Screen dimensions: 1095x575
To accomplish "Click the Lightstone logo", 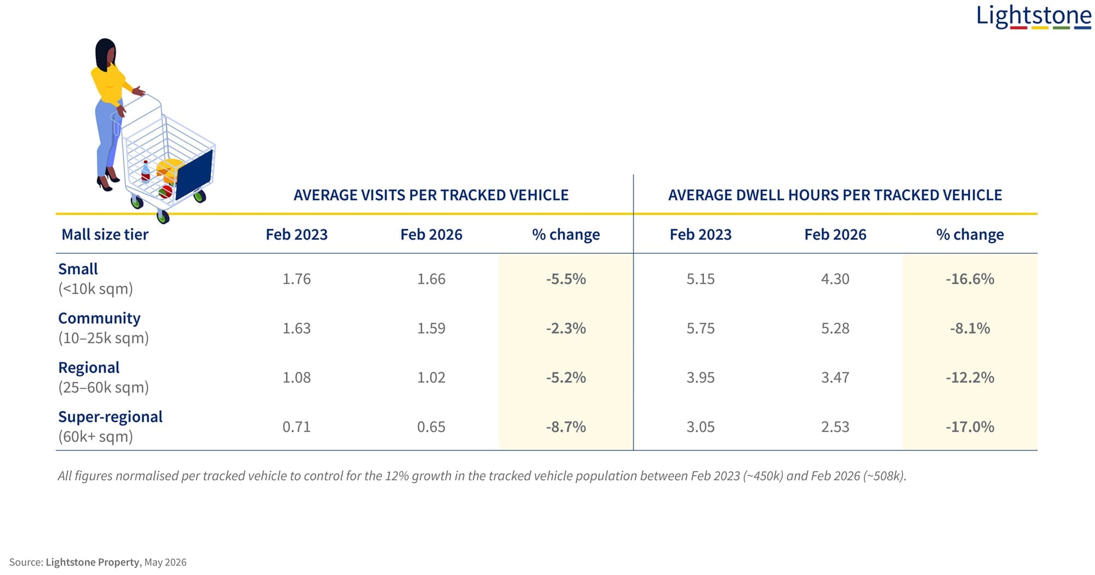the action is tap(1034, 16).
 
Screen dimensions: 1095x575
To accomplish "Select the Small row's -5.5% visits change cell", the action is tap(566, 279).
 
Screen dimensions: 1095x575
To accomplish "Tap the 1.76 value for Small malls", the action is tap(296, 279).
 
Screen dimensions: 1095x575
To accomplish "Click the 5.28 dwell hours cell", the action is tap(835, 328).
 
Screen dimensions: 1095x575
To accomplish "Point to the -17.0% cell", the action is tap(970, 427).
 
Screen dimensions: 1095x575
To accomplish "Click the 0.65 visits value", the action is tap(431, 427).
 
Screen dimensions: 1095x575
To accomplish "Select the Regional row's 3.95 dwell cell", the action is tap(700, 377).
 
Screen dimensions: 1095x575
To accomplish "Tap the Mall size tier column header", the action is tap(105, 234).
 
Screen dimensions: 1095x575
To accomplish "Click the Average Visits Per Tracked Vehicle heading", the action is tap(431, 195).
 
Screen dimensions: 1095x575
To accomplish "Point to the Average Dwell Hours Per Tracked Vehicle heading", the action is tap(835, 195).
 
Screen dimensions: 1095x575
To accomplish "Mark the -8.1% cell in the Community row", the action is tap(970, 328).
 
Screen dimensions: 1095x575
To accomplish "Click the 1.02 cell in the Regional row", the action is tap(431, 377).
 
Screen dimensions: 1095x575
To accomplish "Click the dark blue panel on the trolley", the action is tap(194, 175).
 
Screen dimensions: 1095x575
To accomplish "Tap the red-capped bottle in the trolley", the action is tap(146, 170).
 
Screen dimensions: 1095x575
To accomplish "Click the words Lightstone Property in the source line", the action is tap(93, 562).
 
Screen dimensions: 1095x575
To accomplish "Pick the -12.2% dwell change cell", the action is tap(970, 377).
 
